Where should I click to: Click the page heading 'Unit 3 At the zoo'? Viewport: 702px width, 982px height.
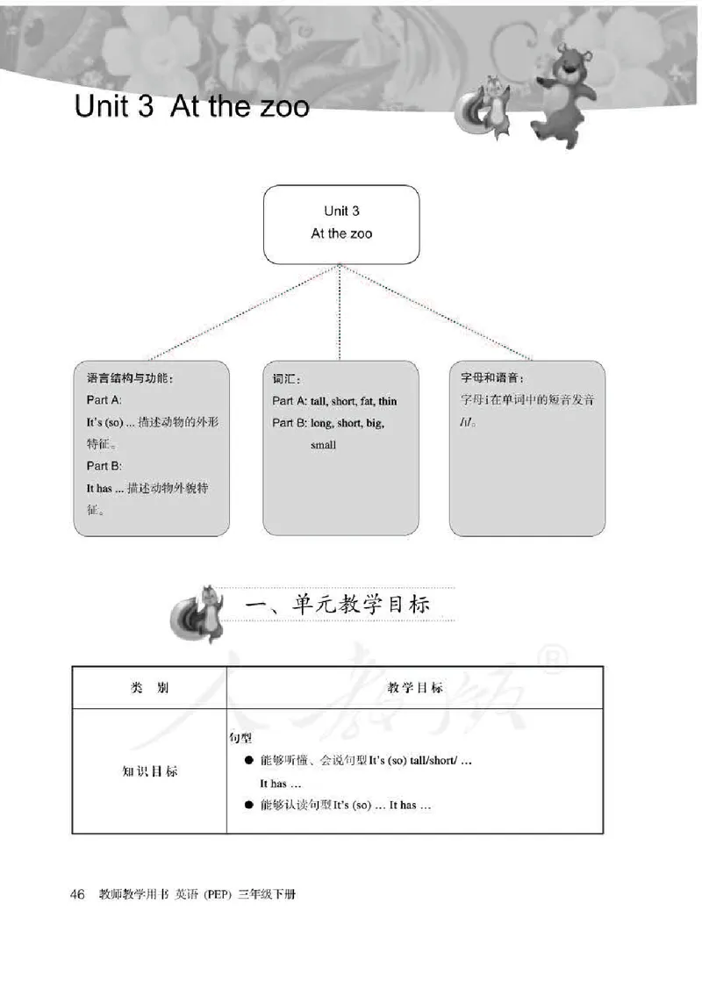click(192, 107)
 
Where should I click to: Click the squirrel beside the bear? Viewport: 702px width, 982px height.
click(492, 106)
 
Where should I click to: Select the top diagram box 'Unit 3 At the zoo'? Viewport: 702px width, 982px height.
click(341, 224)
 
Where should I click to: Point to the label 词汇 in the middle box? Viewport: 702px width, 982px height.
click(286, 379)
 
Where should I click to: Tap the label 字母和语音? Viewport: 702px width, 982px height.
click(492, 379)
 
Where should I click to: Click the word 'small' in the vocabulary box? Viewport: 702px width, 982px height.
click(323, 445)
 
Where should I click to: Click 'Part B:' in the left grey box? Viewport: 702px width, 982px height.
click(104, 466)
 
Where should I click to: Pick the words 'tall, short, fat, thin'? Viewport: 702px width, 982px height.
click(354, 401)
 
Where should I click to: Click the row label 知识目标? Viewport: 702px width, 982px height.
click(149, 772)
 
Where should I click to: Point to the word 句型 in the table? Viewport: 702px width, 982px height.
click(240, 738)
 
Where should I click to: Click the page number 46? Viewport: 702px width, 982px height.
click(77, 894)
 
